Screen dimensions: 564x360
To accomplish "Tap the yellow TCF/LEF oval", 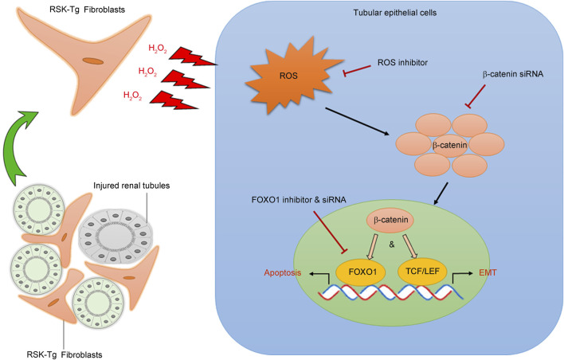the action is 422,271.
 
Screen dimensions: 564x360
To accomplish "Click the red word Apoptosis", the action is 282,272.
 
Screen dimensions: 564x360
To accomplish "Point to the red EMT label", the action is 488,272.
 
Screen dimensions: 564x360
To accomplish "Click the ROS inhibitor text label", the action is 402,63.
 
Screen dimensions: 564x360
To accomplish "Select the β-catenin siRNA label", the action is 513,74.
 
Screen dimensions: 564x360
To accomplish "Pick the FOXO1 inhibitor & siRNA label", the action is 299,200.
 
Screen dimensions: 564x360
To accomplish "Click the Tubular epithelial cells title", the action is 395,13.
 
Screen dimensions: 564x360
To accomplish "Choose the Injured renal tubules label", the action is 131,186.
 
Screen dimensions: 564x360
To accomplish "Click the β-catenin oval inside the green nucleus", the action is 390,220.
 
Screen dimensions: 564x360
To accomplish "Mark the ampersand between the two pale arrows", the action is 392,245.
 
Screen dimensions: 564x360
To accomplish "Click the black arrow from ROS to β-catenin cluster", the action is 357,121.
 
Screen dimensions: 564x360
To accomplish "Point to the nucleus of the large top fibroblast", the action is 92,61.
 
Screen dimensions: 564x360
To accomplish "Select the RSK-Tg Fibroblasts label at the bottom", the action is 65,354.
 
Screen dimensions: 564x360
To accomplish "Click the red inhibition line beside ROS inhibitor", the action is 357,70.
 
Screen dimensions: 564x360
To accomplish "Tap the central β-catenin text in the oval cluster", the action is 450,145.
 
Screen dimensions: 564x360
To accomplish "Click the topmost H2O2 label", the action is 158,49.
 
